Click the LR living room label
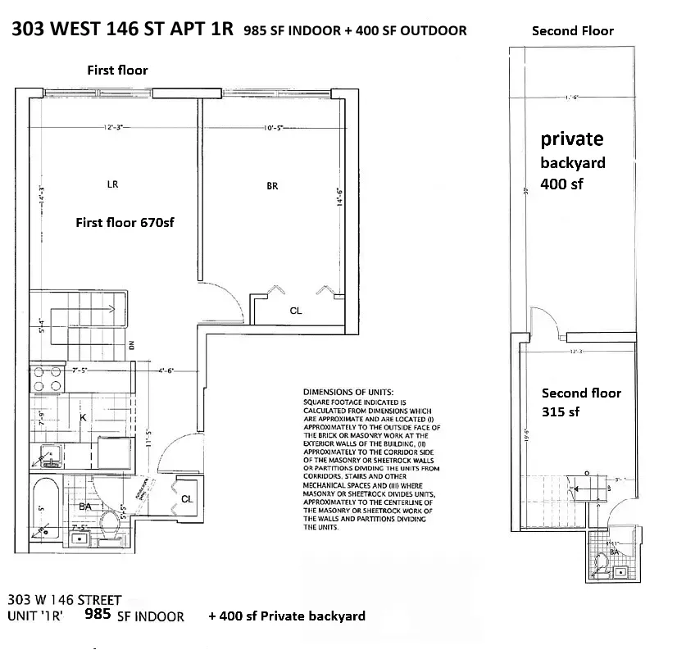point(112,184)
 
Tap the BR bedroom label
point(272,186)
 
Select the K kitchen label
point(83,417)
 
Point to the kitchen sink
point(46,452)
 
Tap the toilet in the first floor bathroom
point(108,523)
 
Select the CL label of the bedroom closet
point(296,311)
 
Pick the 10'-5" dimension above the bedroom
point(272,128)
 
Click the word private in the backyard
point(572,139)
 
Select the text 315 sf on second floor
point(562,411)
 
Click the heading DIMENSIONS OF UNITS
point(348,393)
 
